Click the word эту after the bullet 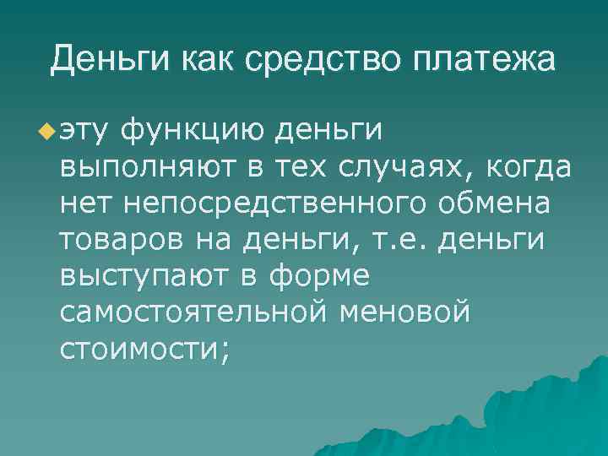coord(84,131)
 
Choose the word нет coord(83,204)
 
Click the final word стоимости coord(144,349)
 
